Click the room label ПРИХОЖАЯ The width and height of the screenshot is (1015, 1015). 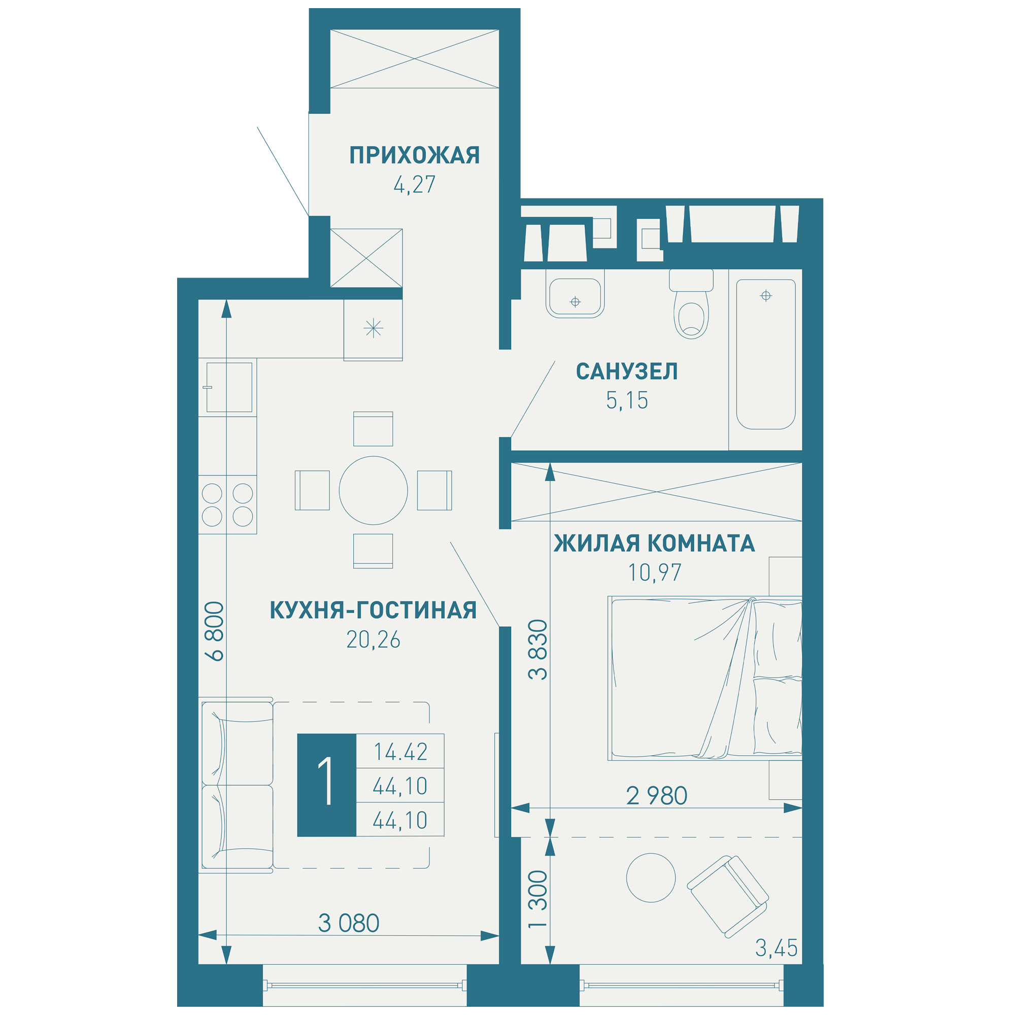point(415,155)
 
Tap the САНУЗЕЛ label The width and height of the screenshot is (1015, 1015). point(627,371)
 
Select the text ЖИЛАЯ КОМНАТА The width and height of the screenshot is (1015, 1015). point(654,543)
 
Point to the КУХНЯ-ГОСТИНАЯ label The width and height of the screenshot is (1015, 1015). point(373,611)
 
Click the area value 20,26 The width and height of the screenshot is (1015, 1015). point(373,640)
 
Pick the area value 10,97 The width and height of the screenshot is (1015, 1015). point(655,572)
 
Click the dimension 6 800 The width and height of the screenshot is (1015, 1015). point(216,631)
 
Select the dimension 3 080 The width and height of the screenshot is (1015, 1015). point(349,924)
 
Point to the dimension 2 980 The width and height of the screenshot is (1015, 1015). point(657,796)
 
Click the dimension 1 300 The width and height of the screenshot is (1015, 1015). point(538,899)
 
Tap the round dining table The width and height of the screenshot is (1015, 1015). point(373,490)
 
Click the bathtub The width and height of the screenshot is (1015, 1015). point(766,355)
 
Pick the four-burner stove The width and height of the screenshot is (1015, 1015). point(227,505)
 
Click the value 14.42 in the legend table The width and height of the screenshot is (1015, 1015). point(400,752)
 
